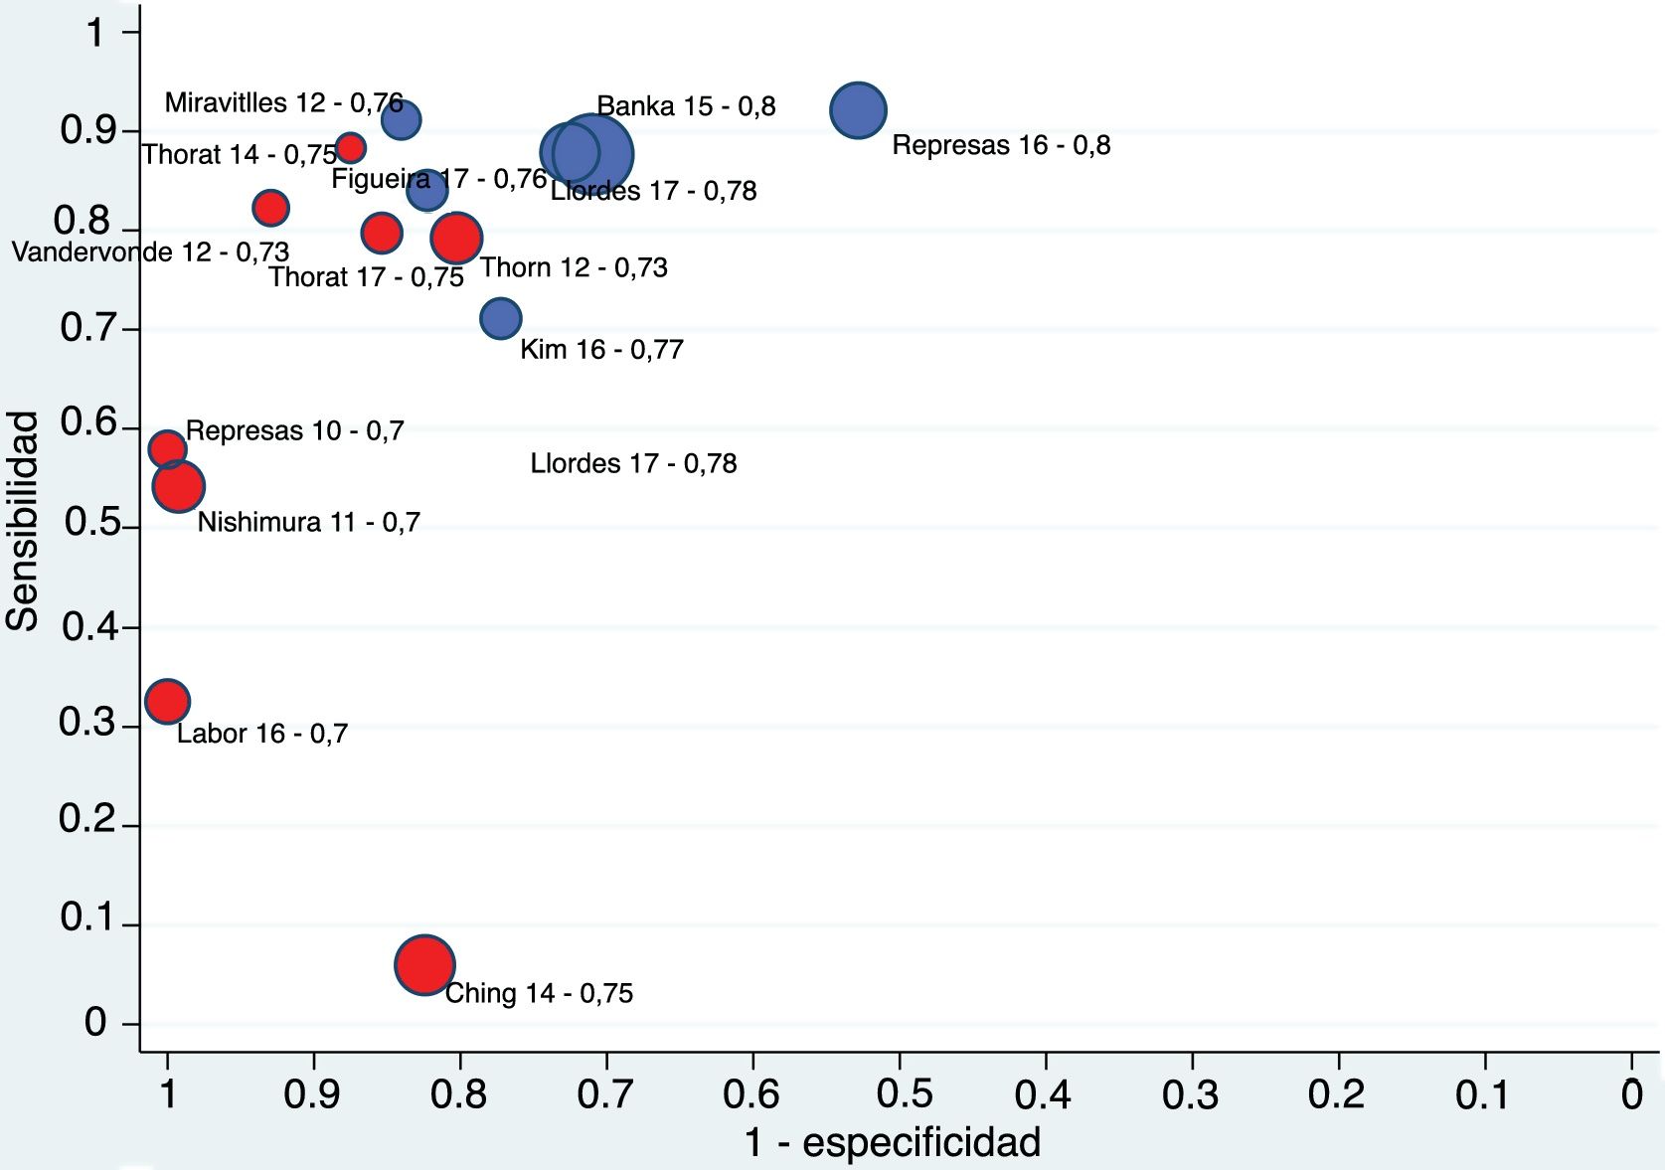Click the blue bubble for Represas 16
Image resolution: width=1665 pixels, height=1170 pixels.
858,110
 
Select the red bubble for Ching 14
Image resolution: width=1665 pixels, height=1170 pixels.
424,964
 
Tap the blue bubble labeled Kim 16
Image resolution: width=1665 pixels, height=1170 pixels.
501,318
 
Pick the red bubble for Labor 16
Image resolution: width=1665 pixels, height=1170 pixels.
167,701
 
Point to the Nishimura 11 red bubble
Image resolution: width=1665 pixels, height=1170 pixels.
179,486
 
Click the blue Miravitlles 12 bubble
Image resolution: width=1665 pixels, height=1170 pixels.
401,120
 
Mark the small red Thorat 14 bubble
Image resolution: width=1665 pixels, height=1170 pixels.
350,148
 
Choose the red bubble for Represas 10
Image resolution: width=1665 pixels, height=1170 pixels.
167,448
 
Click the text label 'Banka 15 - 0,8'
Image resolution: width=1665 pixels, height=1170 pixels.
686,105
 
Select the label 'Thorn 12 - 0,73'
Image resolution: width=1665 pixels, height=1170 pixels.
574,267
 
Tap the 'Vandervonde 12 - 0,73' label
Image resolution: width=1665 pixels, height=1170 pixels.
150,252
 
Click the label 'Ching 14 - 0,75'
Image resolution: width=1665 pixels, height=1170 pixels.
539,993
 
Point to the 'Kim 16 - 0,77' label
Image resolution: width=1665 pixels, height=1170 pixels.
601,349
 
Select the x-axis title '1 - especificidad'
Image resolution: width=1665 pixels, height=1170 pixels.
892,1142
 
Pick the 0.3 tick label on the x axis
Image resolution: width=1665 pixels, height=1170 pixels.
1190,1094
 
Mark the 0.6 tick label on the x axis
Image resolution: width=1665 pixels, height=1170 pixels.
751,1094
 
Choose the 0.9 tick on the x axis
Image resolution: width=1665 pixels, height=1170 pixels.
312,1094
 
